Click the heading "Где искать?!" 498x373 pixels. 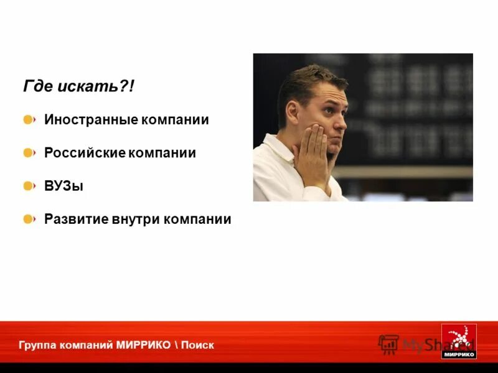78,87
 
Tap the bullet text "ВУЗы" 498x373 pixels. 63,186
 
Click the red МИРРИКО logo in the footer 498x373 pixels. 459,341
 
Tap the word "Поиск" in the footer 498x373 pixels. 199,345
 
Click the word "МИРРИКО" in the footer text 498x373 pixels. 143,345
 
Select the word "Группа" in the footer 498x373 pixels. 36,345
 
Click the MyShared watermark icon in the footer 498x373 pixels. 388,344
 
